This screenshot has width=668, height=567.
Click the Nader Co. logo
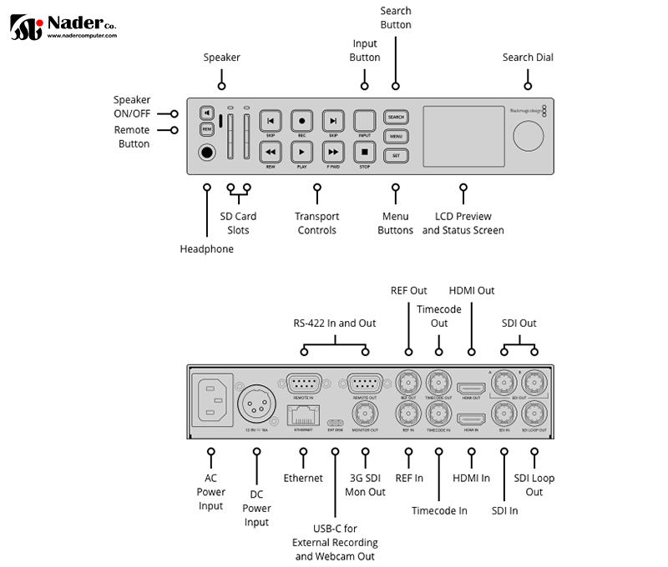63,27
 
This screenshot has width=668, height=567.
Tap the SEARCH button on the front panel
396,118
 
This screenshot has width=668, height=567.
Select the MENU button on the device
396,136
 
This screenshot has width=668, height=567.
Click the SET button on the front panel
396,155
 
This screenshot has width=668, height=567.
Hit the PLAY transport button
301,151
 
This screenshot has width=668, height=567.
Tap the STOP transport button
364,151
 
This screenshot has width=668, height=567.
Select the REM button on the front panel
206,130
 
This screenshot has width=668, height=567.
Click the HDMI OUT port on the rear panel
472,388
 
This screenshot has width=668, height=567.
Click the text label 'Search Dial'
528,58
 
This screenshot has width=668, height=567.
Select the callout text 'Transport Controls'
316,223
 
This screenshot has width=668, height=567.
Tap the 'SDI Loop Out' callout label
534,485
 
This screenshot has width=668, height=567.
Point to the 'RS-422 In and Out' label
335,324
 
